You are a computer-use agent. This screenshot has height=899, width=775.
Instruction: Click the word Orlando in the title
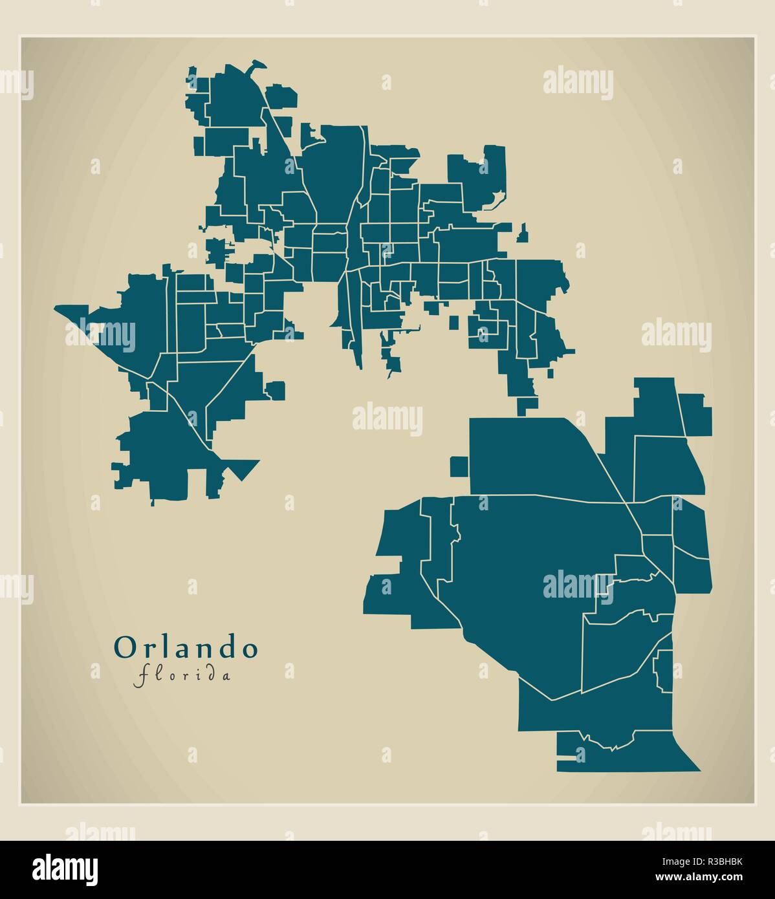186,648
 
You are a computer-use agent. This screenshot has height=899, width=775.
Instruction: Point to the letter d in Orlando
225,648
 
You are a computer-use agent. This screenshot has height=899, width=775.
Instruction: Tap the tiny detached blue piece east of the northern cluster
523,233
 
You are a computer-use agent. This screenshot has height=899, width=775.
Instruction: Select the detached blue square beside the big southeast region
459,466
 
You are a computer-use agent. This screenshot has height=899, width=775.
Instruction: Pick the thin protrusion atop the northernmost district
256,65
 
